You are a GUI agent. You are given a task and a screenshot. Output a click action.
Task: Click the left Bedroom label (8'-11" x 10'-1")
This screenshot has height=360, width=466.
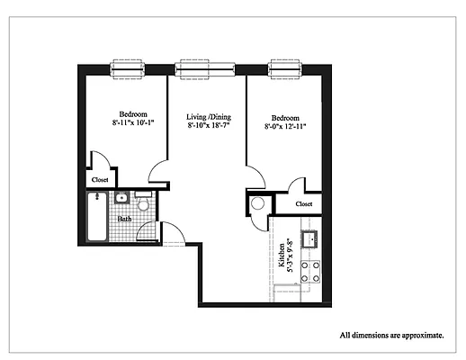133,121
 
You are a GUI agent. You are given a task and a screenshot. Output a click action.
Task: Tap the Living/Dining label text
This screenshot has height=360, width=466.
209,122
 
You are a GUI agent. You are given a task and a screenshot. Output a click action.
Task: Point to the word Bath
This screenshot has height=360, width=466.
124,219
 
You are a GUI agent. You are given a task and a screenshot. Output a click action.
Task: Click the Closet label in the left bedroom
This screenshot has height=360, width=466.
98,179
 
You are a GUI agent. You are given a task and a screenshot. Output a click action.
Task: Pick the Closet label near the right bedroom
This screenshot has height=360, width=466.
303,204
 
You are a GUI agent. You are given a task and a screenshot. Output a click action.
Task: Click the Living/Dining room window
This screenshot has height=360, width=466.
206,69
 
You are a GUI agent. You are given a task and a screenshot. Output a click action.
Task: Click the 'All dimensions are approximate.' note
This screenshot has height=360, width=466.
390,335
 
